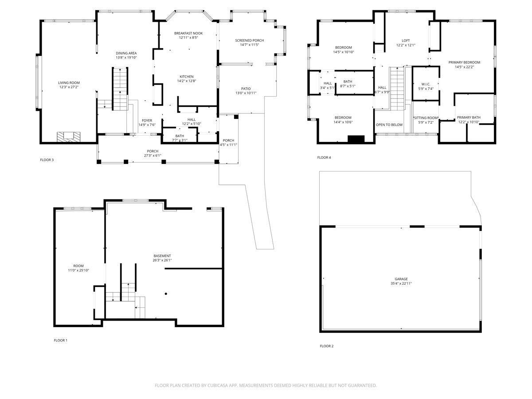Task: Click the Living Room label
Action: click(69, 83)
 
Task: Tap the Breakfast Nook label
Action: click(188, 33)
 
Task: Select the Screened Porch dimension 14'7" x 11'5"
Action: click(250, 45)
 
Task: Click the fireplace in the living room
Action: click(68, 137)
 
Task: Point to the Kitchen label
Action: click(186, 77)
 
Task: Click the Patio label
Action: click(246, 89)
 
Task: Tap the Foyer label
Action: click(147, 121)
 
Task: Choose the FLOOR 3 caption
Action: click(47, 160)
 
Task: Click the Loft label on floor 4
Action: click(406, 40)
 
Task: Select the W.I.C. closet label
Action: click(426, 84)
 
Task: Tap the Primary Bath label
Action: click(469, 117)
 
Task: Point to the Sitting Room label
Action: click(426, 118)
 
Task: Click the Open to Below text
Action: click(389, 125)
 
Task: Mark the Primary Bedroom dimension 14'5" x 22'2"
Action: click(464, 67)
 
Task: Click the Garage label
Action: click(401, 279)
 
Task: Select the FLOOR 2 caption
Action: click(326, 346)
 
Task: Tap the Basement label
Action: click(162, 256)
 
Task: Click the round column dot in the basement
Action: click(166, 293)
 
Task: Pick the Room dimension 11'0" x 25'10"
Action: click(78, 270)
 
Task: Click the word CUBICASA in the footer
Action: click(218, 385)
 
